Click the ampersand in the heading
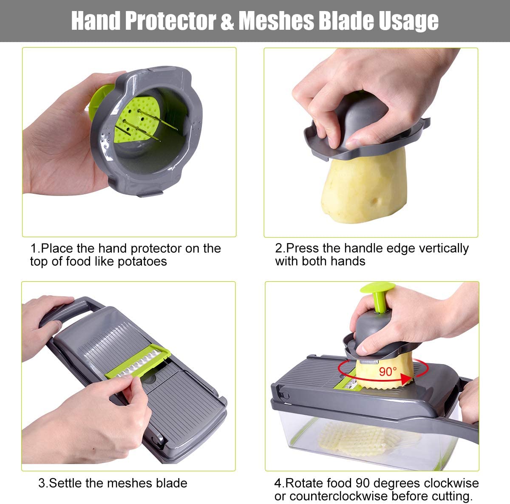tap(227, 21)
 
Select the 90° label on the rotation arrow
tap(387, 371)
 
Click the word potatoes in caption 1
tap(142, 261)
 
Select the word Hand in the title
tap(96, 21)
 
